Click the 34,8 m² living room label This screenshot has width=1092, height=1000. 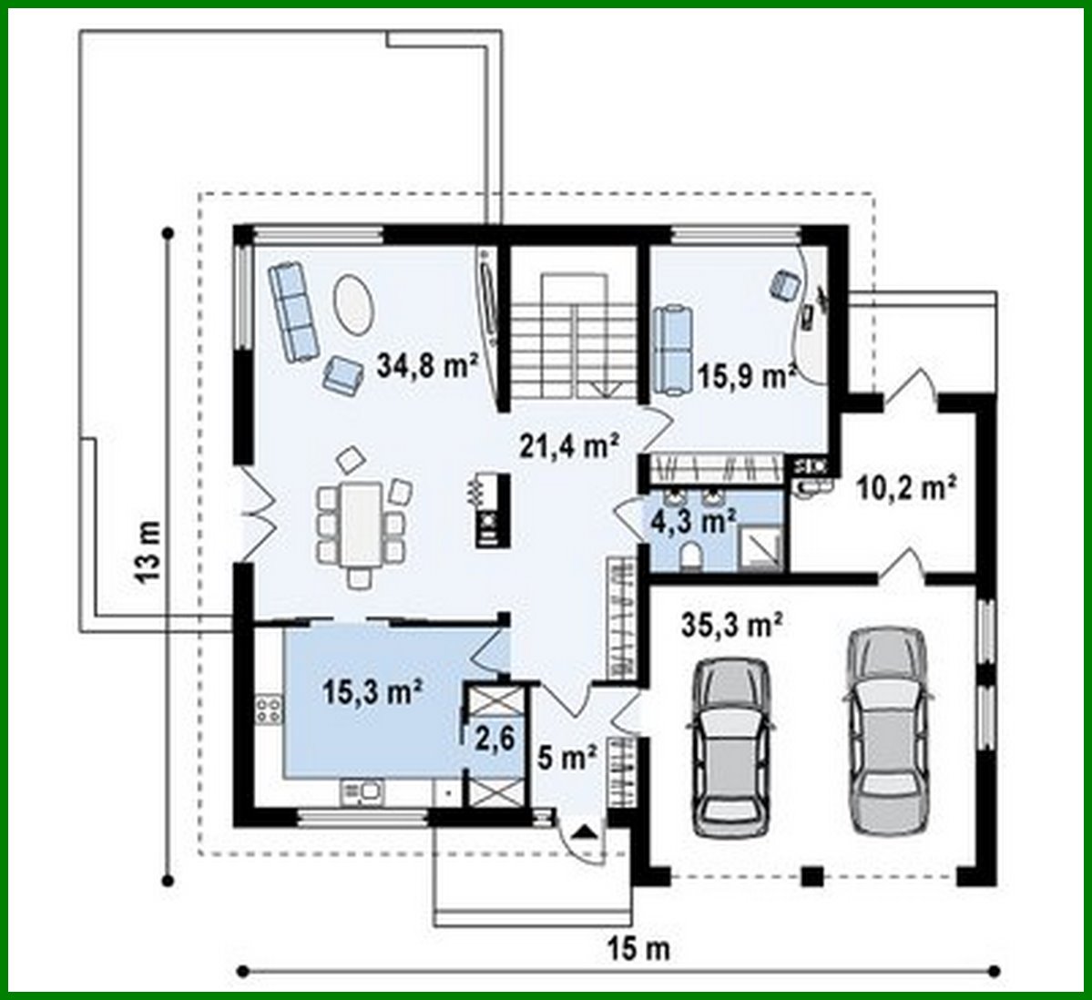427,367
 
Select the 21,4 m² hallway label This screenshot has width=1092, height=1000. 570,445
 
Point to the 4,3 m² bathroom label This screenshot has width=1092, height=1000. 693,522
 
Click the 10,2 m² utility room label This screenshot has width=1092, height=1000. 905,489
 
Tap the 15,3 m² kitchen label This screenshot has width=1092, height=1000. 372,690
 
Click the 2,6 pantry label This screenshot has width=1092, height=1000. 494,736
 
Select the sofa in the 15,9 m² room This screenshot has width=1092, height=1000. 673,349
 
